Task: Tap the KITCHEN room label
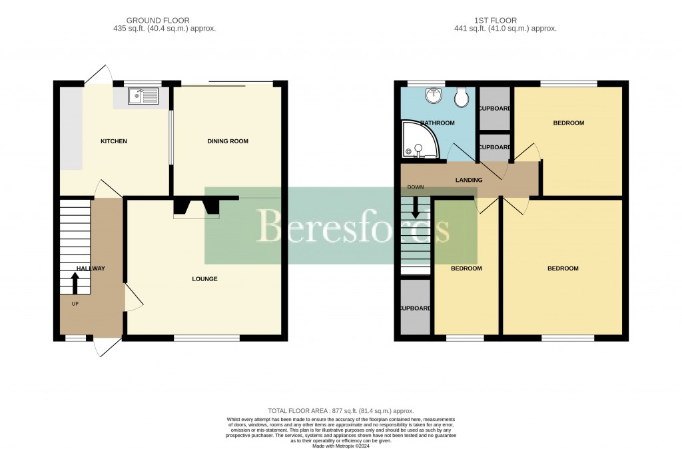(x=113, y=141)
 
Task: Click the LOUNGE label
(x=204, y=278)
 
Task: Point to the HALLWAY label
(x=91, y=268)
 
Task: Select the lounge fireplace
(x=196, y=207)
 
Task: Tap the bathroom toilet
(x=460, y=99)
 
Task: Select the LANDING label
(x=468, y=180)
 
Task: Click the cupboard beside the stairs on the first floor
(x=416, y=308)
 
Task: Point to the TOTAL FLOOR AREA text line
(x=341, y=411)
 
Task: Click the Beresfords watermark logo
(x=341, y=226)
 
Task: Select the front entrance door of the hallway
(x=107, y=346)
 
